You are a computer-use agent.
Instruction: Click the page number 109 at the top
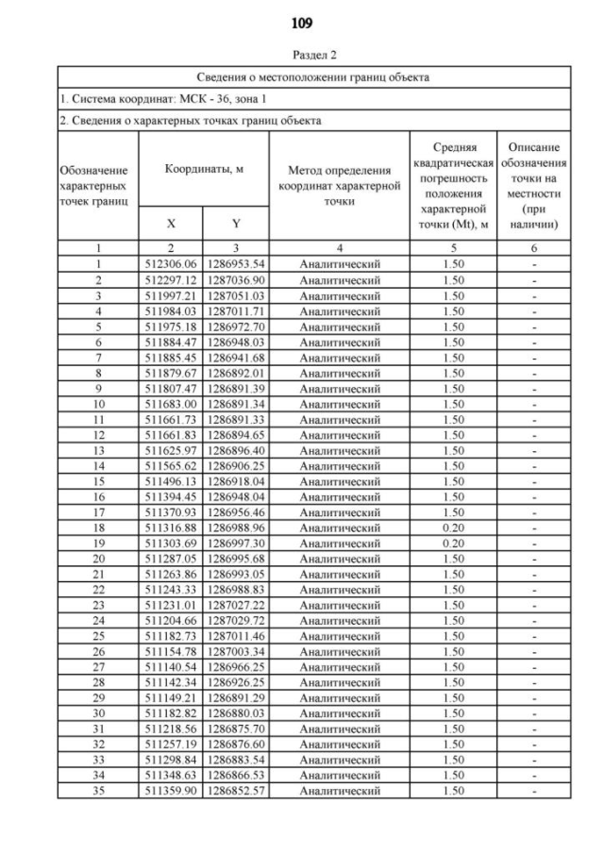tap(302, 22)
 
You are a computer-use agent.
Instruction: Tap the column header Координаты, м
tap(204, 168)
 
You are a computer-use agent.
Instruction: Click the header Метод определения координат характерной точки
tap(339, 185)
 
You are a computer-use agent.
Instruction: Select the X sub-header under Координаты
tap(171, 225)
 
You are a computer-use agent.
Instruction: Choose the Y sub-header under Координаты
tap(236, 225)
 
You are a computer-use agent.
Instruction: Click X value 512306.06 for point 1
tap(171, 264)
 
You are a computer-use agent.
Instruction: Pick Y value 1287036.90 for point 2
tap(236, 280)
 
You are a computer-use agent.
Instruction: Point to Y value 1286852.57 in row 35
tap(236, 790)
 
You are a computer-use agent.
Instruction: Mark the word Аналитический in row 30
tap(339, 713)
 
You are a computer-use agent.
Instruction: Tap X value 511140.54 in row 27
tap(171, 665)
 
